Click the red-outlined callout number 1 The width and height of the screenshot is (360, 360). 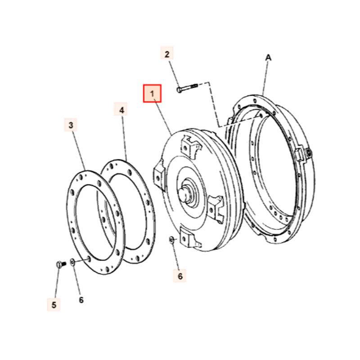click(x=152, y=94)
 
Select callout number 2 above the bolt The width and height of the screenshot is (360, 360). click(x=167, y=55)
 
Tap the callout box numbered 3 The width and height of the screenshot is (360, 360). click(x=71, y=125)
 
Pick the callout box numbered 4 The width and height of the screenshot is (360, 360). click(x=121, y=109)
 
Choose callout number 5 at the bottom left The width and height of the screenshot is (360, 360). click(x=54, y=305)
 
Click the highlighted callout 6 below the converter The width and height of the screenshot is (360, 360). click(x=180, y=276)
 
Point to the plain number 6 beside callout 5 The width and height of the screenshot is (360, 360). click(x=81, y=300)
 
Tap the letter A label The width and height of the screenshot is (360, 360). click(x=268, y=57)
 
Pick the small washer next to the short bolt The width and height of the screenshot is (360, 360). click(x=72, y=261)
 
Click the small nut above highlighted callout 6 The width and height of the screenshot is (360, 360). click(x=172, y=240)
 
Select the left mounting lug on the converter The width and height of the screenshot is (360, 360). click(x=159, y=173)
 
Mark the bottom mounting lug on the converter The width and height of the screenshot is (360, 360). click(x=188, y=238)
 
